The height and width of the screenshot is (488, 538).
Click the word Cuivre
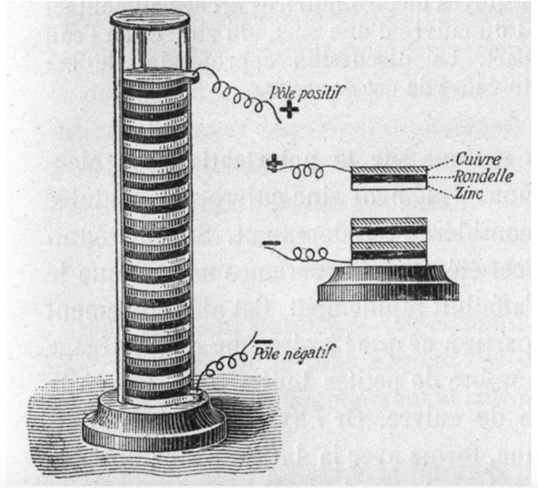478,159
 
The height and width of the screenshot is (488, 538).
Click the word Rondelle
483,176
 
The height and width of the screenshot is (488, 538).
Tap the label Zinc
469,194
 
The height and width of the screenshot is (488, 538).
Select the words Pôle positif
304,93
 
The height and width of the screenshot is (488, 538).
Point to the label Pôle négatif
294,354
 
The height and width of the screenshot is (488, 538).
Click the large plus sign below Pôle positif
289,110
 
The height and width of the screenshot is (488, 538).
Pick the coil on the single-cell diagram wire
307,172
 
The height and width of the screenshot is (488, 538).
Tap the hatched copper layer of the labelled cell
389,170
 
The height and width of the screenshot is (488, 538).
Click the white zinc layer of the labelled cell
389,186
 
